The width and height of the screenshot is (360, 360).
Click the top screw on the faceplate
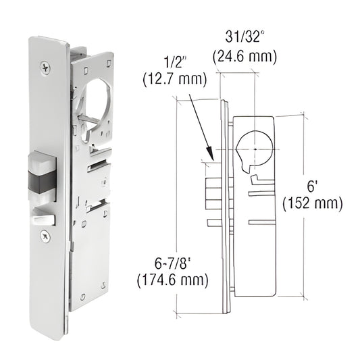45,68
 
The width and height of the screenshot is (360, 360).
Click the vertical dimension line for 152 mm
301,203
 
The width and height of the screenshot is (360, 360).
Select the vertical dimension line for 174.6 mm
176,203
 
